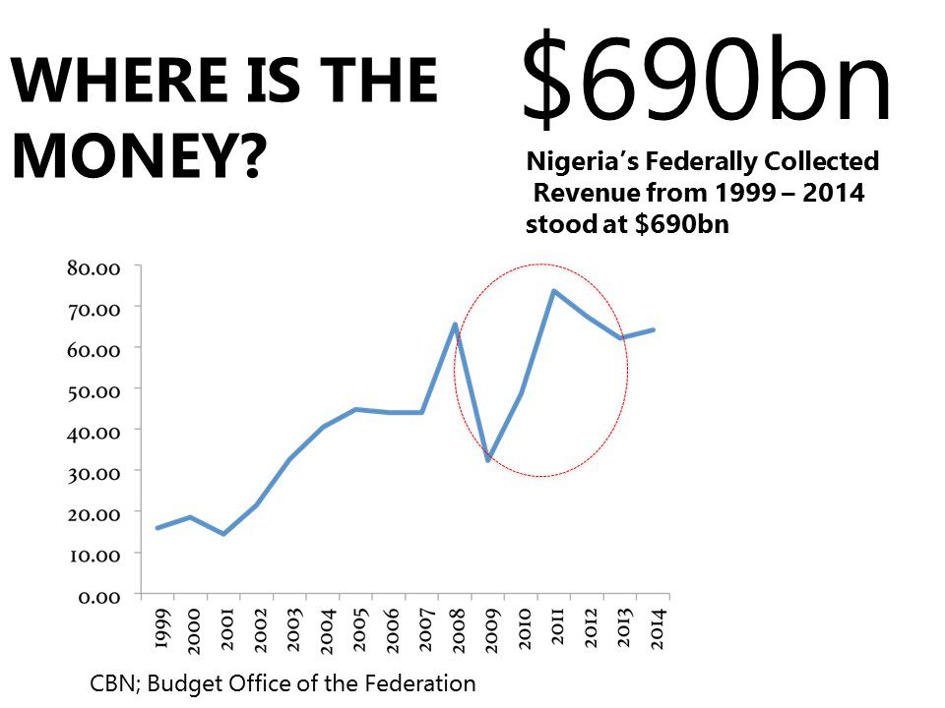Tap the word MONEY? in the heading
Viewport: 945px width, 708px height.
coord(138,154)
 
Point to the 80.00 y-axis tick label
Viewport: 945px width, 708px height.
coord(94,267)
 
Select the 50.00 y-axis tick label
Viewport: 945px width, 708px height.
coord(94,390)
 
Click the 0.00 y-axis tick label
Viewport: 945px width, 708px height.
coord(98,596)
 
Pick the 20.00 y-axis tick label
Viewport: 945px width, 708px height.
coord(94,513)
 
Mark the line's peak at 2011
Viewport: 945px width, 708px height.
coord(553,291)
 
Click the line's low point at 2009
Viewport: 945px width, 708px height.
coord(487,460)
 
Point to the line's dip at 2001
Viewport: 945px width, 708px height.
coord(223,534)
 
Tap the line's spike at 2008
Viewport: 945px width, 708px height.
coord(455,324)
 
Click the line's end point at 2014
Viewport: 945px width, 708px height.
coord(654,329)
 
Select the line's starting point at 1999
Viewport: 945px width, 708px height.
coord(157,528)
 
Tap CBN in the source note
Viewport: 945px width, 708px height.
coord(110,683)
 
